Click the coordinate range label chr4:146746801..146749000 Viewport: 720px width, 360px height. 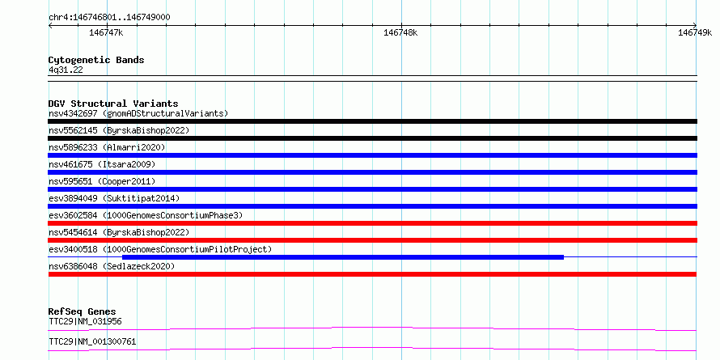pos(109,18)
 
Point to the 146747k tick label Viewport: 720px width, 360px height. pos(106,32)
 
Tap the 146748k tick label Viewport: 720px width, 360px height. pos(400,32)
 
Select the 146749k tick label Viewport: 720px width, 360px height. pos(695,32)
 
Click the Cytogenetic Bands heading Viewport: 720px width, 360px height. pos(96,60)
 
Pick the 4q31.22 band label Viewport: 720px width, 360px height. pos(66,70)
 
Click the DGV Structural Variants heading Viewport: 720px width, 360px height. pos(113,104)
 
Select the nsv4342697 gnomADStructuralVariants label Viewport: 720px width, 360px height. pos(138,113)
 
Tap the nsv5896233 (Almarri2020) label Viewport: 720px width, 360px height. pos(107,147)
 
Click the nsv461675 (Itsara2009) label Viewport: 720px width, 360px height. pos(102,164)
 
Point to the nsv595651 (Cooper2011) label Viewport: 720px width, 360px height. pos(102,181)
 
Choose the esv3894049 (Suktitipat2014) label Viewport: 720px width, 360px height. pos(114,198)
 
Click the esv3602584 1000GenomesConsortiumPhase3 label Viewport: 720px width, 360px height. pos(146,215)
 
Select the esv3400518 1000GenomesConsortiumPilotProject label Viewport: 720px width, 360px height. pos(160,249)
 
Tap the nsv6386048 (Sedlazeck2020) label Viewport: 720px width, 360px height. pos(112,266)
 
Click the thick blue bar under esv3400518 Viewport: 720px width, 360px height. pos(343,257)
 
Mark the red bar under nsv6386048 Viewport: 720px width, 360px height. pos(372,274)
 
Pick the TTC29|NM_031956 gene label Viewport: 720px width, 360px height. pos(85,321)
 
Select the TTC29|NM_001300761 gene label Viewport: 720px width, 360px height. pos(92,342)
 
